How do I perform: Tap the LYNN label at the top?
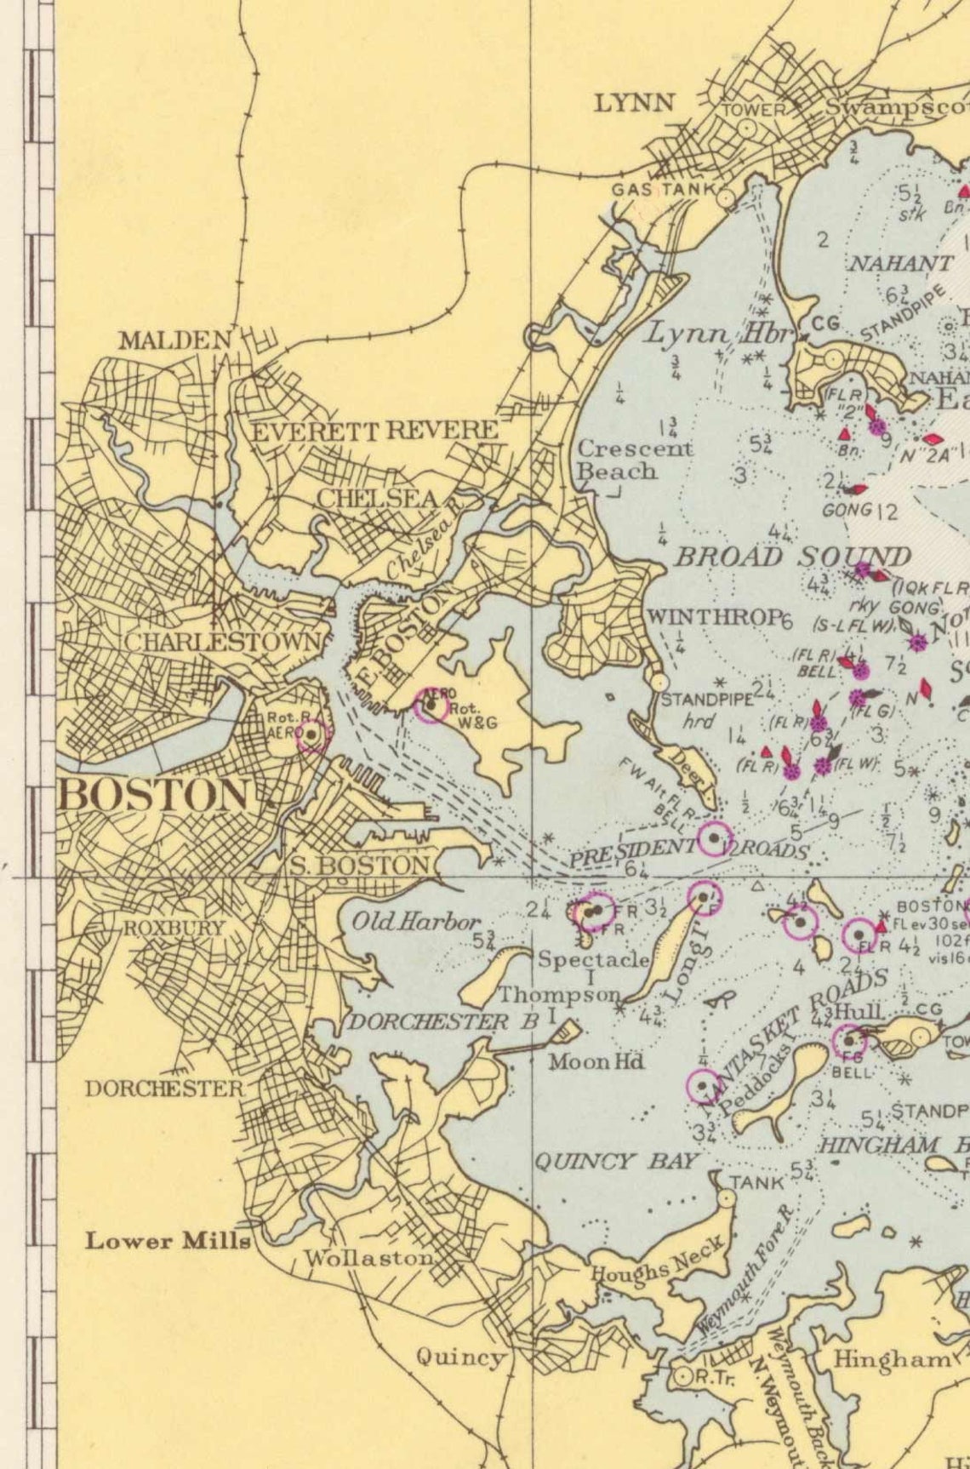click(634, 104)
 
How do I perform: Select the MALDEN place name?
click(175, 340)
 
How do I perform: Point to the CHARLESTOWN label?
click(223, 642)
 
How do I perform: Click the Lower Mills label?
click(168, 1241)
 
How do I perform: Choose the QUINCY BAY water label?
click(615, 1162)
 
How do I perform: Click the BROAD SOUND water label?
click(792, 557)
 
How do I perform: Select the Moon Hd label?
click(596, 1061)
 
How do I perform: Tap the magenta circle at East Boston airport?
click(431, 706)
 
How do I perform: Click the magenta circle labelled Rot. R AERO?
click(312, 735)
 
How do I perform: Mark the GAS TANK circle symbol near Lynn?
click(725, 198)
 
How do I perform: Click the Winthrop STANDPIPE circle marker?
click(658, 682)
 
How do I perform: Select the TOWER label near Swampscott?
click(753, 110)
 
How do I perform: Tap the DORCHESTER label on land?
click(163, 1088)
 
